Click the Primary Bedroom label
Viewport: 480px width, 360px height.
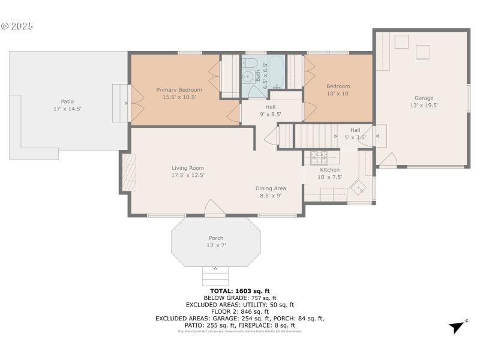point(179,89)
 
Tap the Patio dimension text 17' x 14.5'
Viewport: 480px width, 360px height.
point(67,109)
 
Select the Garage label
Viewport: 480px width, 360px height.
point(424,98)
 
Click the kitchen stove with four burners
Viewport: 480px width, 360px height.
point(317,158)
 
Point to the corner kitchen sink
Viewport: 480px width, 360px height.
point(359,188)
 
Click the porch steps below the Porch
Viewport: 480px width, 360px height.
point(215,276)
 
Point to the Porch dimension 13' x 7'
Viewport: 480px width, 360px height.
point(216,245)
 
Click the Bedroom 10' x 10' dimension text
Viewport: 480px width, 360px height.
point(338,94)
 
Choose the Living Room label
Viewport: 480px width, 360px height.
point(188,168)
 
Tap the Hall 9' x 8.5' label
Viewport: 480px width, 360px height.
point(271,114)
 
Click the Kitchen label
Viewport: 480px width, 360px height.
point(329,170)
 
